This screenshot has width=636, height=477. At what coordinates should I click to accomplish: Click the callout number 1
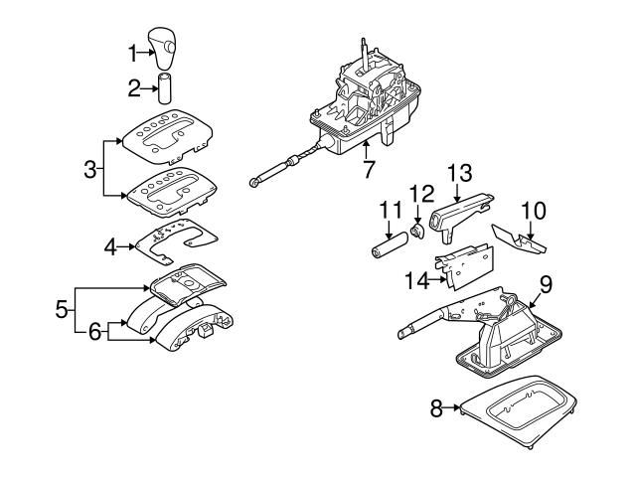click(x=133, y=54)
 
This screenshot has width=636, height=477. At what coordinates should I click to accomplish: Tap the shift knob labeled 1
click(x=162, y=48)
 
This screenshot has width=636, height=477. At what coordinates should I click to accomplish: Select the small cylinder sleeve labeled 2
click(x=164, y=88)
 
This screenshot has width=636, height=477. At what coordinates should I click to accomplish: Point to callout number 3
click(x=90, y=169)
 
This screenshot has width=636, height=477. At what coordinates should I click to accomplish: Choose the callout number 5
click(x=62, y=309)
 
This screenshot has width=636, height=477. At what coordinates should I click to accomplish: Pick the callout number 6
click(x=94, y=332)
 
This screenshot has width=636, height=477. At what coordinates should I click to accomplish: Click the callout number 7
click(x=368, y=169)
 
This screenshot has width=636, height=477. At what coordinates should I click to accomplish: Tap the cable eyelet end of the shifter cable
click(x=253, y=183)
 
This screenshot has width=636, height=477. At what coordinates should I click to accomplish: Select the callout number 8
click(x=436, y=408)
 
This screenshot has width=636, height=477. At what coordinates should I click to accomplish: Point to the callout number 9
click(x=546, y=284)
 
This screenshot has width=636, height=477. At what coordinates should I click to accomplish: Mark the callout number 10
click(x=534, y=211)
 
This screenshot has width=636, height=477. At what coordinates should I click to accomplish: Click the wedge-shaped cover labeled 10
click(x=519, y=240)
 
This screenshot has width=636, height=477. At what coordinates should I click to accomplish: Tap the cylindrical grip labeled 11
click(x=389, y=245)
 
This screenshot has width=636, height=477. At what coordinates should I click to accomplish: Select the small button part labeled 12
click(x=417, y=232)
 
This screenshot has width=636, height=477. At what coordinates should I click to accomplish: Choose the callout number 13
click(x=459, y=173)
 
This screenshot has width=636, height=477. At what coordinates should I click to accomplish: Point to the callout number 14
click(x=417, y=280)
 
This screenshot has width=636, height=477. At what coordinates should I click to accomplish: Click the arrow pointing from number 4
click(x=127, y=246)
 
